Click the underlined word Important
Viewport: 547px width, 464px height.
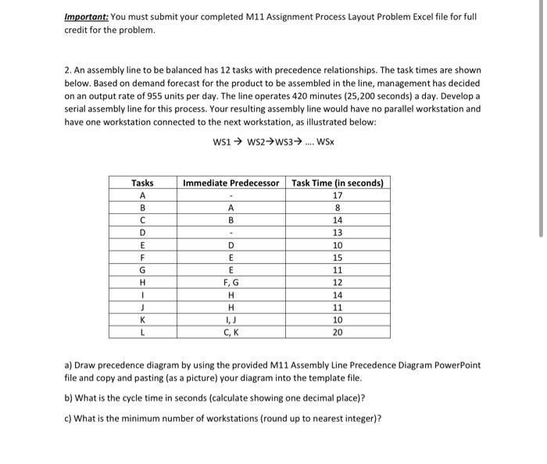coord(86,17)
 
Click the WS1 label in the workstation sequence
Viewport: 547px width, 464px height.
coord(223,141)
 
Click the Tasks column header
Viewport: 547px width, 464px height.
coord(142,183)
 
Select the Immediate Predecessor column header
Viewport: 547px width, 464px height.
coord(231,183)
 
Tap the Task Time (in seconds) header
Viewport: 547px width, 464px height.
coord(337,183)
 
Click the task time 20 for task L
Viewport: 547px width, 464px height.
coord(337,332)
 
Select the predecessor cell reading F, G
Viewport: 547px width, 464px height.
coord(231,282)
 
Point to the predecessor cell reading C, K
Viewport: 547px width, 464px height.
coord(231,332)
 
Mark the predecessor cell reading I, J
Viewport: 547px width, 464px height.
coord(231,319)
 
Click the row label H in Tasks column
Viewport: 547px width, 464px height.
coord(142,282)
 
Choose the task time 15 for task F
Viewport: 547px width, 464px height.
coord(337,258)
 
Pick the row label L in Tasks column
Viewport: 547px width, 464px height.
coord(142,332)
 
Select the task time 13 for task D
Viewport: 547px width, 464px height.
coord(337,233)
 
